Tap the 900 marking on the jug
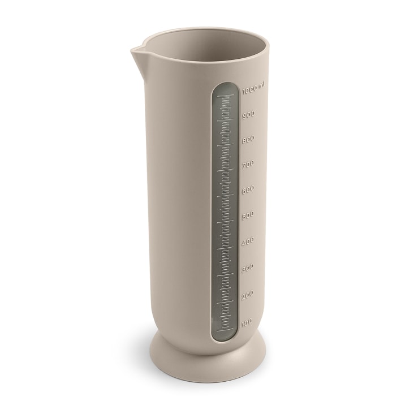tap(248, 115)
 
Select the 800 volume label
tap(248, 140)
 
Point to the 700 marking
tap(248, 165)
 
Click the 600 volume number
tap(248, 190)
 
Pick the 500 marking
tap(248, 215)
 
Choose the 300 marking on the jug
tap(248, 268)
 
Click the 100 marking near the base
tap(247, 322)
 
